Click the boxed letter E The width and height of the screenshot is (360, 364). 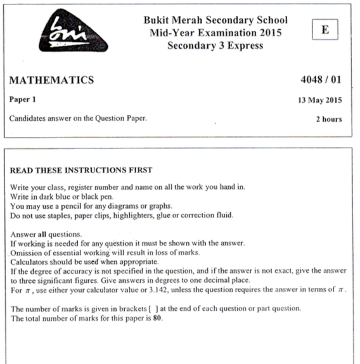coord(325,29)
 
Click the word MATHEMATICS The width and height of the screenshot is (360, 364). coord(51,80)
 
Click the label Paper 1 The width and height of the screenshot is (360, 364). coord(25,100)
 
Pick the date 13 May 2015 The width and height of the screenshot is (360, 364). coord(320,100)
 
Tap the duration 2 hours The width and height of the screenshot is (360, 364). coord(329,119)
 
